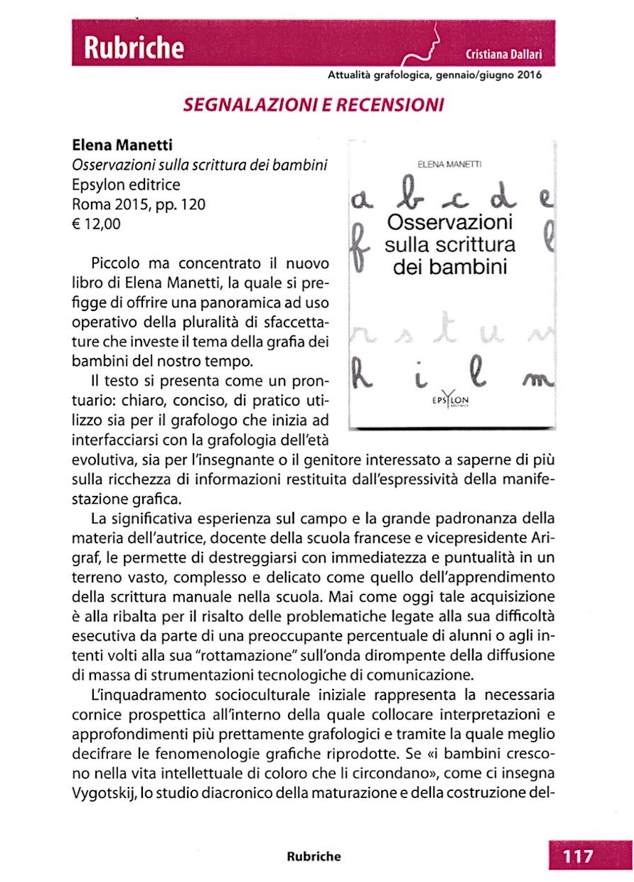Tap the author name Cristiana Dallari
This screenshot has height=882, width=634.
[504, 55]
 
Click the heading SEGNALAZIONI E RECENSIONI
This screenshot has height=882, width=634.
[313, 106]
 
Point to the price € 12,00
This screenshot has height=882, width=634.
[97, 224]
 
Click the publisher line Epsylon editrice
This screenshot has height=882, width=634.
[126, 186]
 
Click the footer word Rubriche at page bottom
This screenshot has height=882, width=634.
[314, 856]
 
